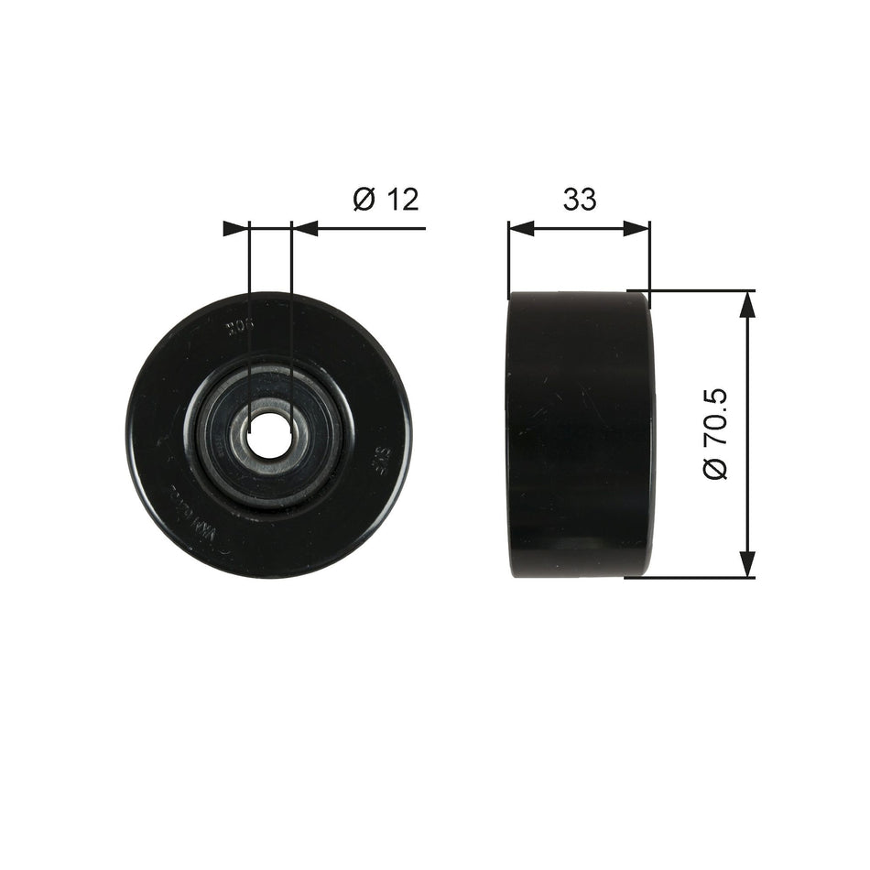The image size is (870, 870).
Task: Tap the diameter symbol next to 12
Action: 364,199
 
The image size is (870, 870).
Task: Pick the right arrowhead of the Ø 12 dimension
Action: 304,228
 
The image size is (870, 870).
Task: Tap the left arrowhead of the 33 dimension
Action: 521,228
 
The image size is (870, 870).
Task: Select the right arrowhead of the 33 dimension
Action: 637,228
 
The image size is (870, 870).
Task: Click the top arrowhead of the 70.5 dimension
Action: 749,304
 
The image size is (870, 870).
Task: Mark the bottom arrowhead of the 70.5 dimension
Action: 749,564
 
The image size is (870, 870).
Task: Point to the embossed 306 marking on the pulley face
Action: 240,325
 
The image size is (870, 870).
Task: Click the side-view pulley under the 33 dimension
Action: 579,434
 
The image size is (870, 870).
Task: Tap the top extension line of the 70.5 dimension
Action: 696,291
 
